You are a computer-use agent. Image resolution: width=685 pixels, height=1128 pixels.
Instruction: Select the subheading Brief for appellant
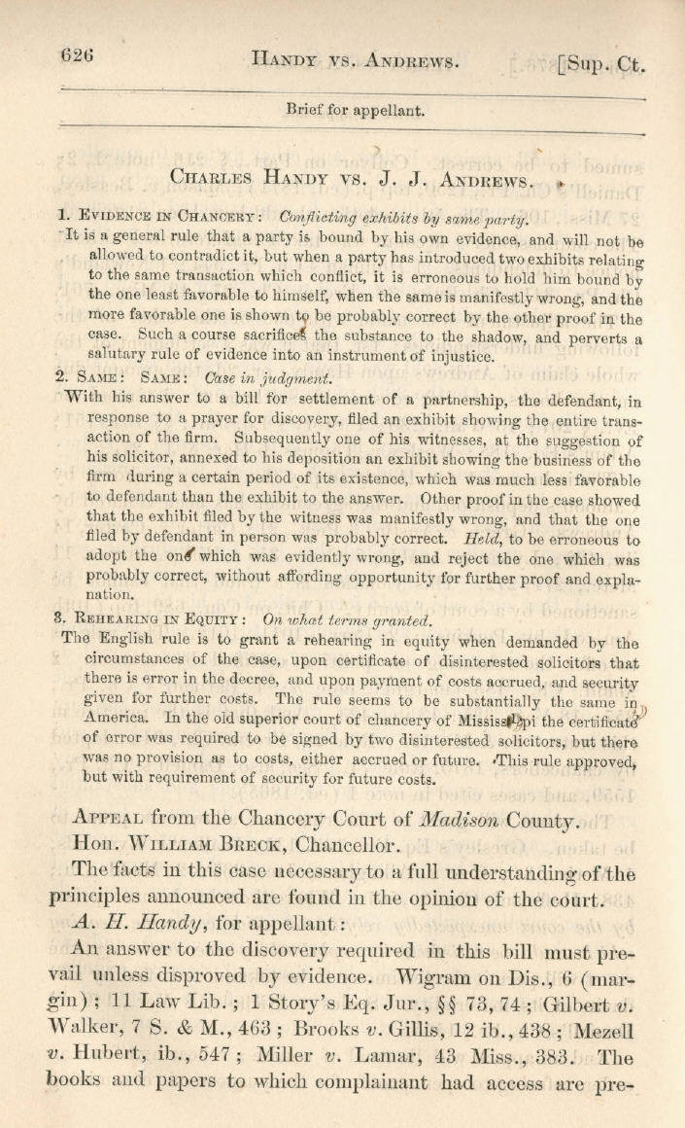(x=355, y=110)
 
